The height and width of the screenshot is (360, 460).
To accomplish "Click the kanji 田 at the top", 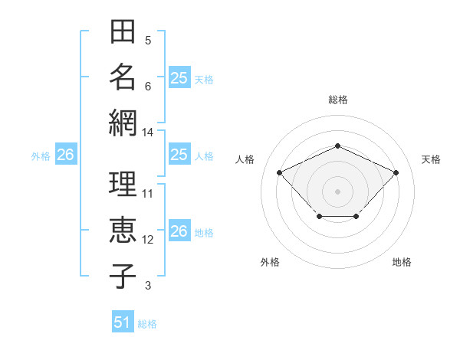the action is [x=123, y=31].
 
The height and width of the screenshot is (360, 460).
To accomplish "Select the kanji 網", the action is [x=123, y=123].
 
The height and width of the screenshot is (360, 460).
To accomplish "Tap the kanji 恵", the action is [x=123, y=230].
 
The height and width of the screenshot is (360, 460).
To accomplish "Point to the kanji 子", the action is [x=123, y=276].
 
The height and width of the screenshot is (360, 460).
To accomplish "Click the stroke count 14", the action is [x=147, y=133].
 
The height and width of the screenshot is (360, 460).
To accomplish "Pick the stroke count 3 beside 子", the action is [x=148, y=286].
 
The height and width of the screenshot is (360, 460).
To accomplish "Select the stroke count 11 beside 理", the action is [x=147, y=194].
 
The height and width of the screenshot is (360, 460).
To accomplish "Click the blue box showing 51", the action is [x=123, y=321].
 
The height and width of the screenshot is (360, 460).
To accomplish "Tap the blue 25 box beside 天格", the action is [x=179, y=77].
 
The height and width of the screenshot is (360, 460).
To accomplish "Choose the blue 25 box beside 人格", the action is [x=179, y=154].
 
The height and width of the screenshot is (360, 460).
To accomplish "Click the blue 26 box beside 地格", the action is [x=179, y=230].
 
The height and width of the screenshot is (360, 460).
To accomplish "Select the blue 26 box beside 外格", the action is [x=66, y=154].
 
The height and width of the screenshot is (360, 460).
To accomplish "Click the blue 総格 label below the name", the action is [x=147, y=324].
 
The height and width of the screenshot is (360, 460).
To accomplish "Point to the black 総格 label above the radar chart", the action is [x=338, y=100].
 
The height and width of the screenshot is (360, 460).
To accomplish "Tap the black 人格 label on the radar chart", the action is [x=245, y=159].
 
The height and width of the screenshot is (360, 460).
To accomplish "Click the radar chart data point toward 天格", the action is [x=396, y=172].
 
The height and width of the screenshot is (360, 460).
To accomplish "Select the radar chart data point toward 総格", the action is [x=337, y=146].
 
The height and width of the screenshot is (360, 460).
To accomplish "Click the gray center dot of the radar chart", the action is [x=337, y=191].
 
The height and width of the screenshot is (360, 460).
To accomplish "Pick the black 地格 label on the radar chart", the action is [x=402, y=262].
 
